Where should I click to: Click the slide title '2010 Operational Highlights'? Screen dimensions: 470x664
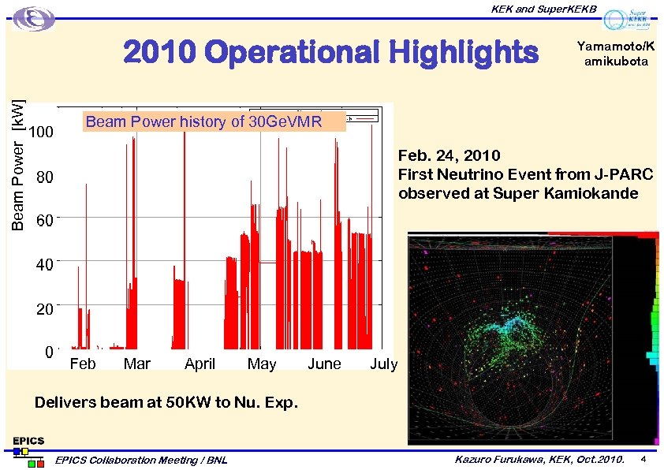coord(330,54)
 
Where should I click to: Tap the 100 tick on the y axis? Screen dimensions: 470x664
coord(40,132)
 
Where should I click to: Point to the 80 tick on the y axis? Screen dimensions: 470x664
coord(45,178)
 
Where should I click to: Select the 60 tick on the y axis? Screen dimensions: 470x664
coord(45,222)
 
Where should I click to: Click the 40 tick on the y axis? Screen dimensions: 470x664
coord(45,266)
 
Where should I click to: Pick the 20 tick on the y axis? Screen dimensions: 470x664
coord(45,309)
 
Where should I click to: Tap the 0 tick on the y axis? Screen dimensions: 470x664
coord(49,352)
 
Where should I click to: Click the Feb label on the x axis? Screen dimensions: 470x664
coord(83,364)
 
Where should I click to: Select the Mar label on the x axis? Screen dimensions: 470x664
coord(137,364)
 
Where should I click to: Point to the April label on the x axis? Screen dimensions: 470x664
coord(200,364)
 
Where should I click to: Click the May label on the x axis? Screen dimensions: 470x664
coord(262,364)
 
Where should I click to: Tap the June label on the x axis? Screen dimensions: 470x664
coord(324,364)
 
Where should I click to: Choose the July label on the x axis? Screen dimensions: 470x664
coord(384,364)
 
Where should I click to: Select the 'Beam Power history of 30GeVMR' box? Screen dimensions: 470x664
coord(214,121)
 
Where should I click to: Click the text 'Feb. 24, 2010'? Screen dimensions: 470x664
coord(449,155)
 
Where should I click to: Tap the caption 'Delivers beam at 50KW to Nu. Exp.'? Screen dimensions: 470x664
coord(166,403)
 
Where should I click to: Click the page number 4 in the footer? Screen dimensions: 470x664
coord(643,458)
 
